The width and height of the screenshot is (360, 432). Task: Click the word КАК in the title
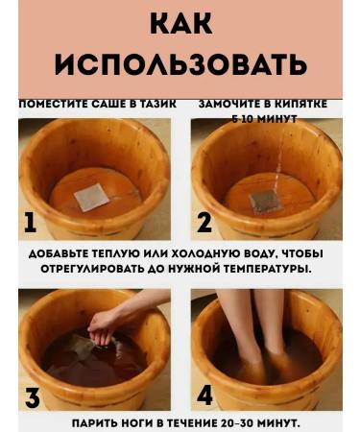pos(180,22)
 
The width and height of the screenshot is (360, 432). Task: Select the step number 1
pos(30,223)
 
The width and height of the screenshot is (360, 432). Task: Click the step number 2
pos(204,223)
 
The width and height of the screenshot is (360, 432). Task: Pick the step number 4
pos(204,396)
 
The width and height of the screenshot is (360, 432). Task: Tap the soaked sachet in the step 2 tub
pos(266,201)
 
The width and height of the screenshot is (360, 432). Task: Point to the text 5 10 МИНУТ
pos(263,118)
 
